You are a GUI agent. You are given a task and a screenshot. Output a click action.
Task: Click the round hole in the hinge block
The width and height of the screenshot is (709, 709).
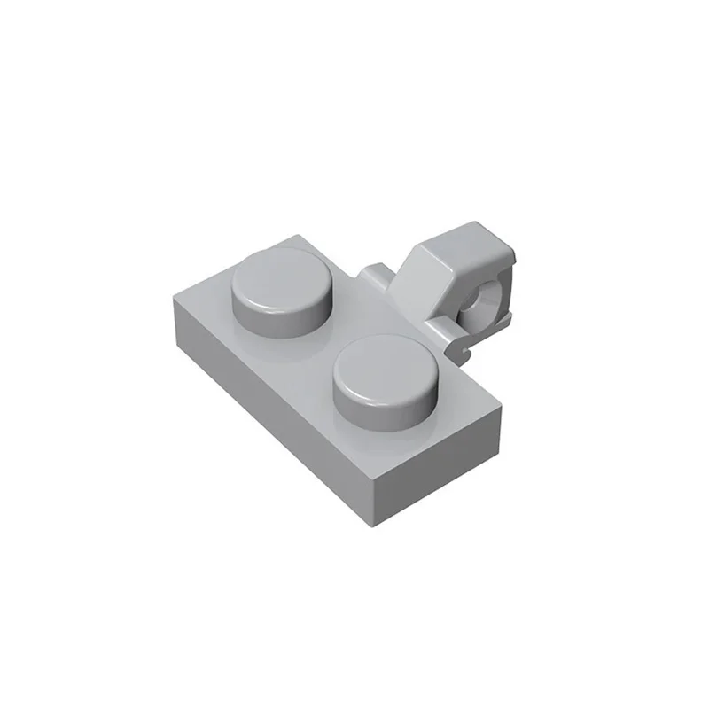(472, 304)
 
